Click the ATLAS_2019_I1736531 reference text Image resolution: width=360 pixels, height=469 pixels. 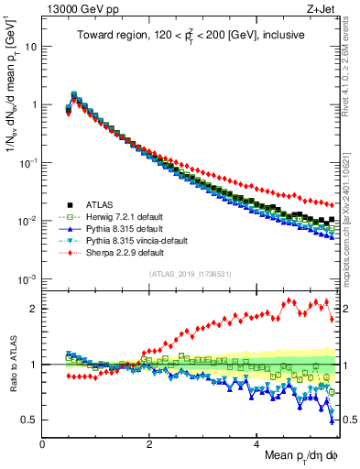190,275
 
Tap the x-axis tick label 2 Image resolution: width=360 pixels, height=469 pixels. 149,444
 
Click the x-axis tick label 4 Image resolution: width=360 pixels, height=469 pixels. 256,444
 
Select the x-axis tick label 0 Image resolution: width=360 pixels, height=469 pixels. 43,444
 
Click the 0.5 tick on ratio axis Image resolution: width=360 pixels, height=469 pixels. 31,420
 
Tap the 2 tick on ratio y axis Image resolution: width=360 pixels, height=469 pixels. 35,309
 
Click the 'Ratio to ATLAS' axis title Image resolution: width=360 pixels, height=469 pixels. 11,365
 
